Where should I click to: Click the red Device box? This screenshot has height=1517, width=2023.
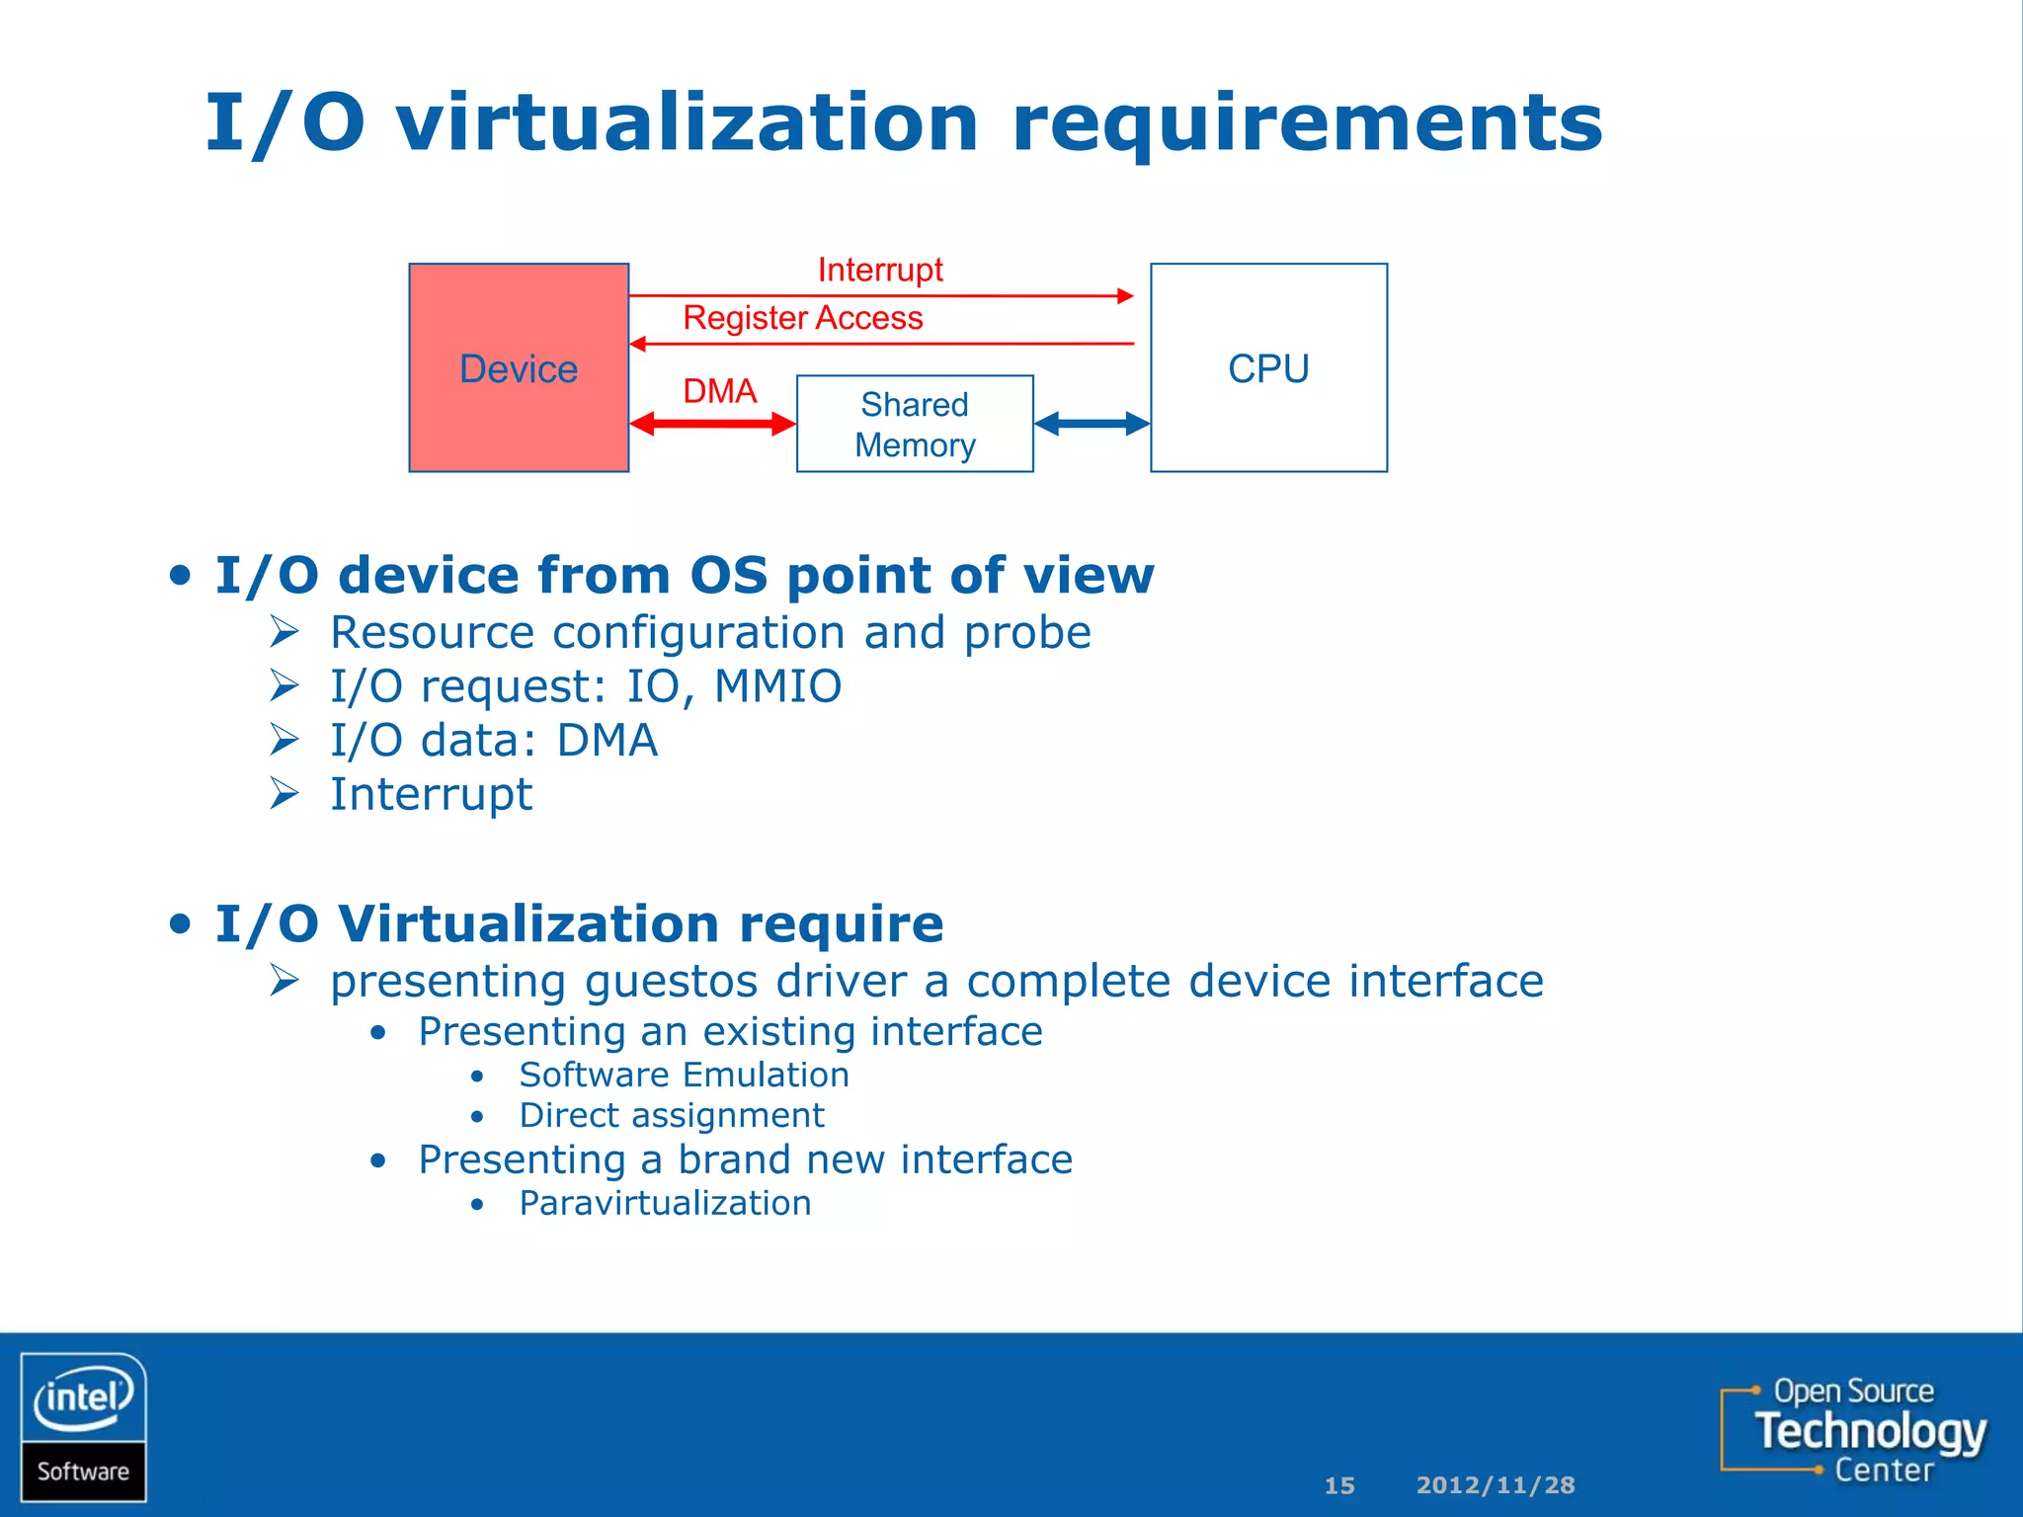[x=519, y=367]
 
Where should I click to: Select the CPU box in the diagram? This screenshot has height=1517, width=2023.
[x=1268, y=367]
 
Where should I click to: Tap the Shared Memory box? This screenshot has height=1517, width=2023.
[x=915, y=424]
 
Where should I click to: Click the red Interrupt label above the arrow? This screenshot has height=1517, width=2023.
[x=880, y=270]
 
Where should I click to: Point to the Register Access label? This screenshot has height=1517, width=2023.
[x=803, y=318]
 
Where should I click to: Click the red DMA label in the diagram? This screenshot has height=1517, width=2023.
[x=719, y=391]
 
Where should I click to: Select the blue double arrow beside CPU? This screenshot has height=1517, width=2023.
[x=1092, y=424]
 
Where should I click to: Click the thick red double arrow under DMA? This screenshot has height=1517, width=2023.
[x=712, y=424]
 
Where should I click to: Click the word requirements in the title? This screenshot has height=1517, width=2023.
[x=1306, y=123]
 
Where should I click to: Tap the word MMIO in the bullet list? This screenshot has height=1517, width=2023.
[x=777, y=685]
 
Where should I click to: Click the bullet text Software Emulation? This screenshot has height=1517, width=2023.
[x=684, y=1075]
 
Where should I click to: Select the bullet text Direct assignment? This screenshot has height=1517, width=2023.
[x=672, y=1115]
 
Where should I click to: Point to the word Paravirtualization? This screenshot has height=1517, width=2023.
[x=665, y=1203]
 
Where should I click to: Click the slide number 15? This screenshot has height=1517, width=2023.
[x=1339, y=1485]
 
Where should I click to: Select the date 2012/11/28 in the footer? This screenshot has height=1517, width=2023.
[x=1496, y=1485]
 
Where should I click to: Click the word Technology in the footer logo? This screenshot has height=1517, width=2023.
[x=1870, y=1430]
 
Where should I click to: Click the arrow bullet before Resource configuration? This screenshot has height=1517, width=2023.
[x=284, y=632]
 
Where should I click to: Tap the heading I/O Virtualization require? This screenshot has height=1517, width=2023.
[x=579, y=924]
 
